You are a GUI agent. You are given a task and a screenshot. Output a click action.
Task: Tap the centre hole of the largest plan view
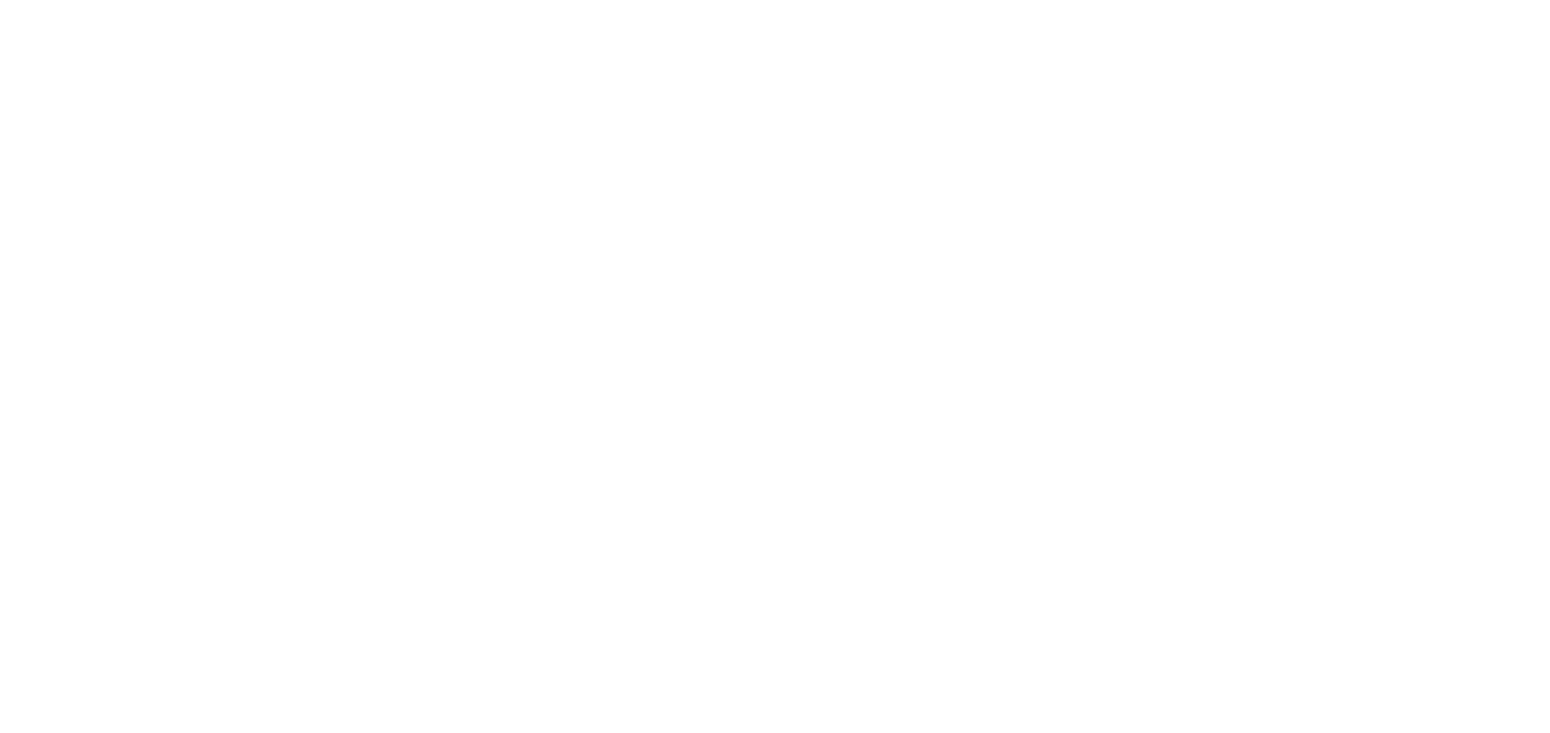click(x=1017, y=465)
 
